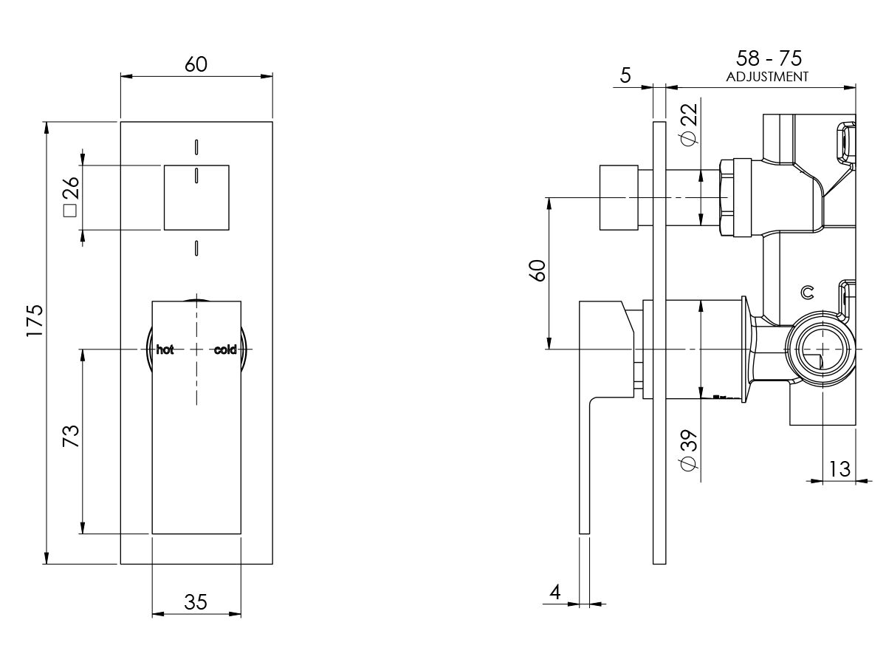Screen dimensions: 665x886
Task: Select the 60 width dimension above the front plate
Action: (x=196, y=65)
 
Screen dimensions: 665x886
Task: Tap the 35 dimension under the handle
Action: (x=196, y=602)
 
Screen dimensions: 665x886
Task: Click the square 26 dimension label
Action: (x=70, y=197)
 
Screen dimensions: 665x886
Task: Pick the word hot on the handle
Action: (x=165, y=349)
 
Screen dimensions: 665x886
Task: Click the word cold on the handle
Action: (x=225, y=349)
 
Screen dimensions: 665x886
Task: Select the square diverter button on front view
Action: (x=196, y=197)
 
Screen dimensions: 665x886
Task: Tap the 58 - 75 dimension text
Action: (x=769, y=58)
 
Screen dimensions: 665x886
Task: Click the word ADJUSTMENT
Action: (x=767, y=76)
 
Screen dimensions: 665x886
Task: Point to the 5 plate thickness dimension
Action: (x=626, y=75)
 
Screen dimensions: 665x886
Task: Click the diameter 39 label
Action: (x=688, y=449)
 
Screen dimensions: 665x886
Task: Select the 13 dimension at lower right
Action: (x=839, y=468)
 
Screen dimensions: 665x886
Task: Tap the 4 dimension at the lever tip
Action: (x=555, y=592)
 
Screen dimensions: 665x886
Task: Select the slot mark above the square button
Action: (x=196, y=146)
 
